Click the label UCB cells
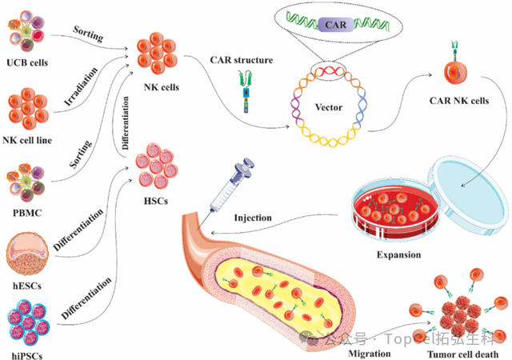click(28, 62)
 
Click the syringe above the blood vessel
click(232, 184)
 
